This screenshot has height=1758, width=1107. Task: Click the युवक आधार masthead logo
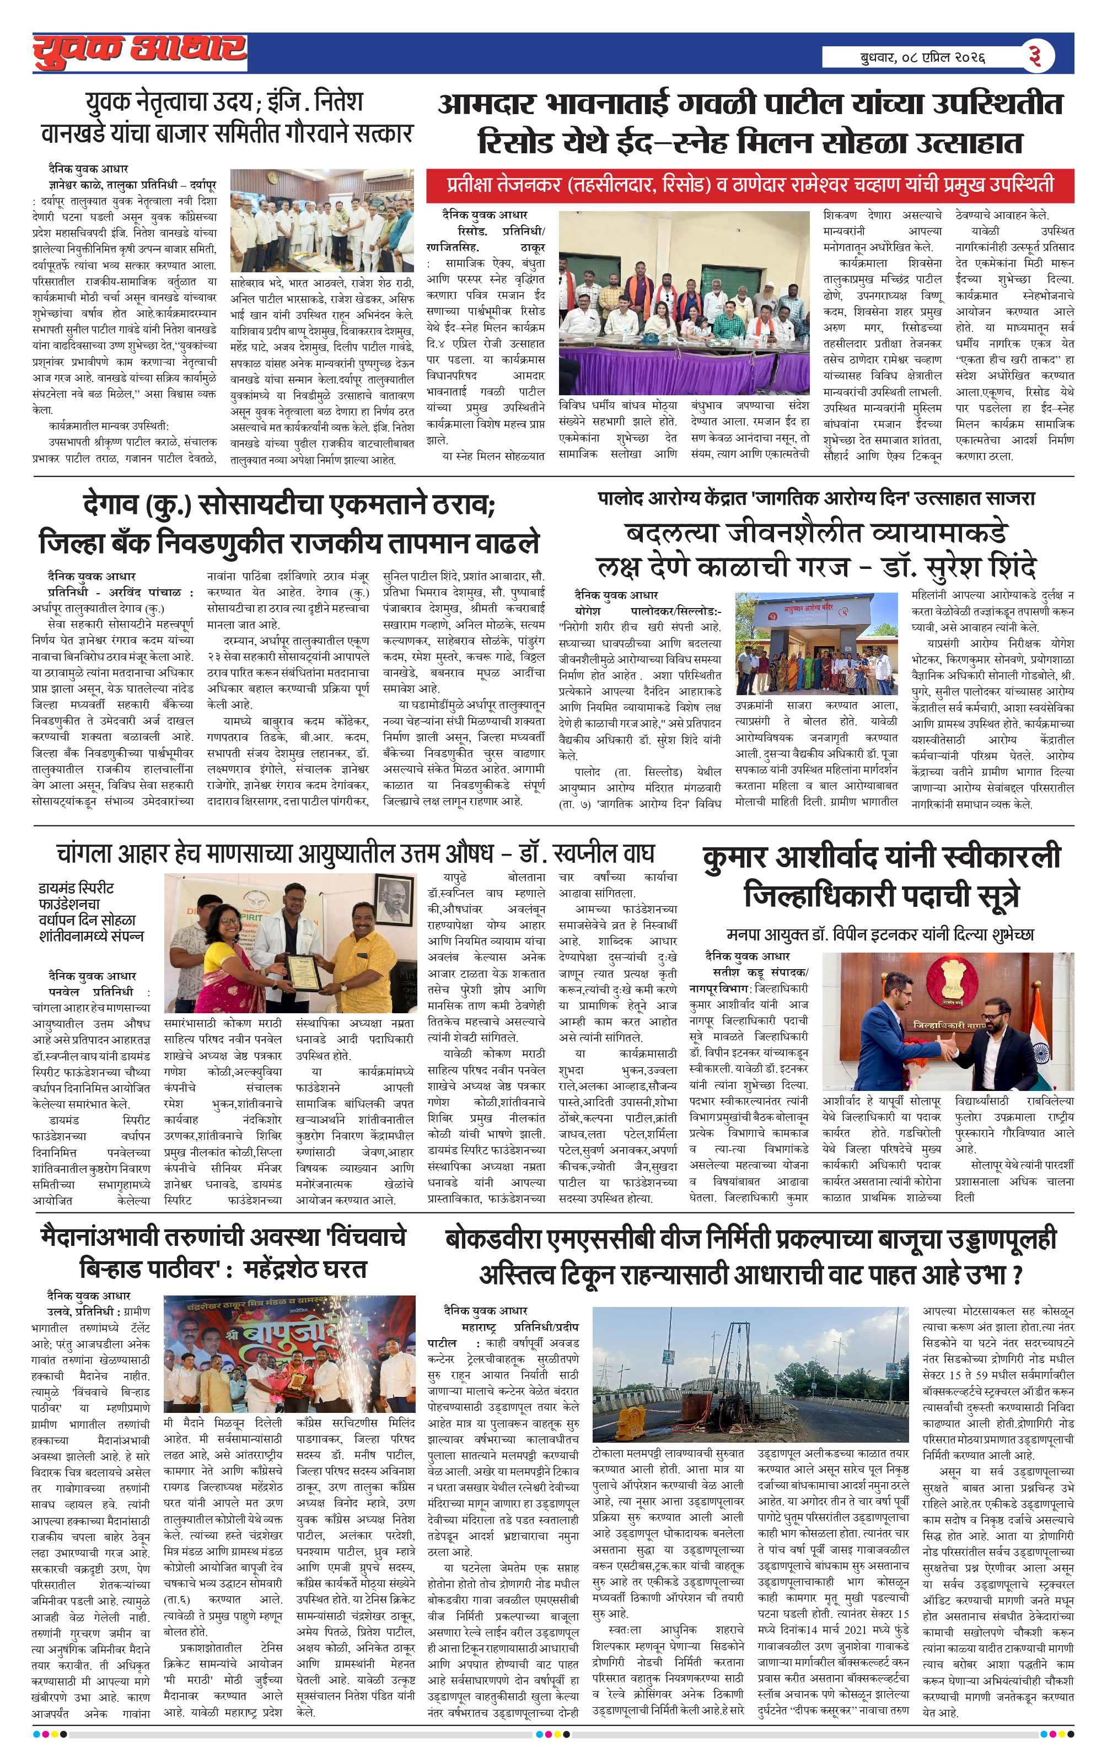point(139,52)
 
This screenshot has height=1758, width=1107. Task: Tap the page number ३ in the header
point(1035,56)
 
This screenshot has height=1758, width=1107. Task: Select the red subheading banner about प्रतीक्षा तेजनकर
point(750,185)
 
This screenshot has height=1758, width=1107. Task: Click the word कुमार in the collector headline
point(735,857)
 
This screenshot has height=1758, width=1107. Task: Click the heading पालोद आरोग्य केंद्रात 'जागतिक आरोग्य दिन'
point(816,499)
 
